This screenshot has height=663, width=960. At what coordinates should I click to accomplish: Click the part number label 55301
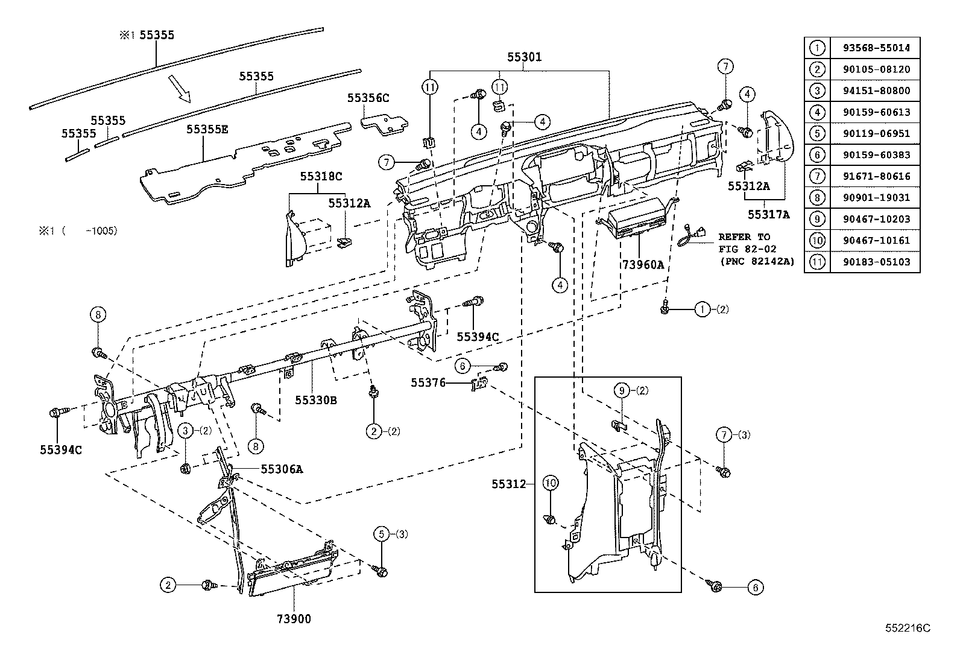(x=523, y=57)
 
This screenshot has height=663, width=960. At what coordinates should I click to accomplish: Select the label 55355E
(x=207, y=129)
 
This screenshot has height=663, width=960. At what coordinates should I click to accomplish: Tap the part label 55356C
(x=368, y=97)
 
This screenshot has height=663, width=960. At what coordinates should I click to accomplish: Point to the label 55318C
(x=321, y=176)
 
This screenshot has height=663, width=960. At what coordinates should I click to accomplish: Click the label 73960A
(x=643, y=264)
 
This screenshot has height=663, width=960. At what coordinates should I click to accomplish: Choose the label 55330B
(x=315, y=399)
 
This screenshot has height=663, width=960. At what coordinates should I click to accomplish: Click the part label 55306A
(x=282, y=468)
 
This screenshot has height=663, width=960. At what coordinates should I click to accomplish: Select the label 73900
(x=294, y=618)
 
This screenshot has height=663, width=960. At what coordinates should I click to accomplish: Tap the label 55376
(x=428, y=382)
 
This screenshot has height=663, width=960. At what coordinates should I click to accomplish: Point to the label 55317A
(x=769, y=214)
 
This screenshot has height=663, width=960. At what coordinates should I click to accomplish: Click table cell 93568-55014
(x=876, y=48)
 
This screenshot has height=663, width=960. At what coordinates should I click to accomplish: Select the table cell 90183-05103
(x=876, y=262)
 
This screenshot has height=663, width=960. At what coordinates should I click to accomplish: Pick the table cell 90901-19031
(x=876, y=197)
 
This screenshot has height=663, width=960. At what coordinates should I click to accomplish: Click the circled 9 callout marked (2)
(x=622, y=390)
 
